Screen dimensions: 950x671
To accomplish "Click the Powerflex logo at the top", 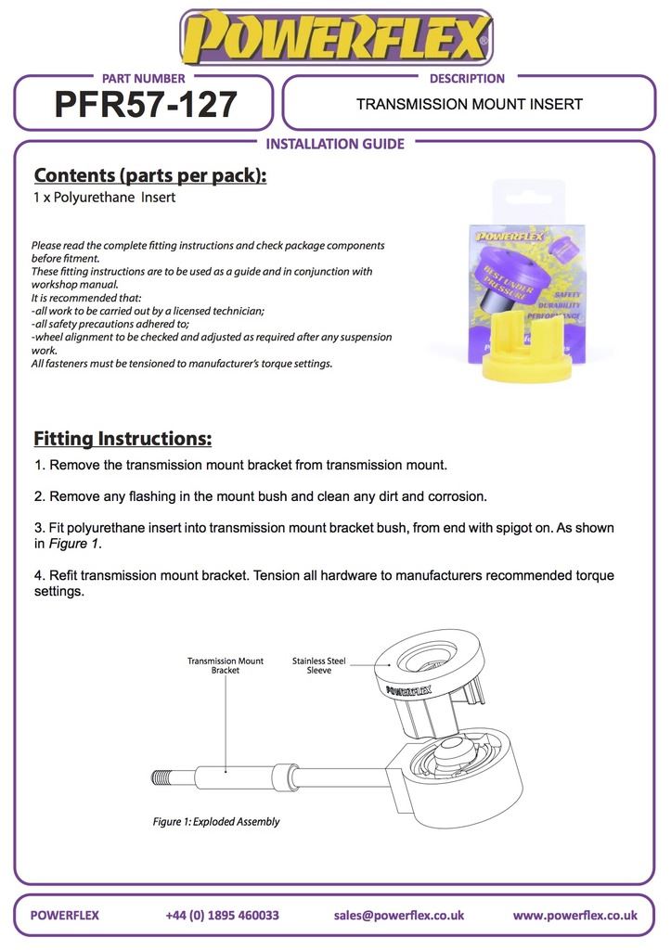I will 335,37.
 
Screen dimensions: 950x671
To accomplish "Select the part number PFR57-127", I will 146,105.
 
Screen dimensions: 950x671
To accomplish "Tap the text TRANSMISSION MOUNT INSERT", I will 469,104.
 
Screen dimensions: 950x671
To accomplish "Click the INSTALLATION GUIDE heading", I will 335,144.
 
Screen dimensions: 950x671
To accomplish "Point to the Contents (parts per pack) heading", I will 149,175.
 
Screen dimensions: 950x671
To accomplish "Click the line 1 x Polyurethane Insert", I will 104,198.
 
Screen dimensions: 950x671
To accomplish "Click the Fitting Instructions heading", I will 123,438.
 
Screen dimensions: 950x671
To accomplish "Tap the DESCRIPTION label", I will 467,79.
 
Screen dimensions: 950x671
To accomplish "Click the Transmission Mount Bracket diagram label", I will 225,665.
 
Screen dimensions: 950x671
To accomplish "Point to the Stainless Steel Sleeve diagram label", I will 318,665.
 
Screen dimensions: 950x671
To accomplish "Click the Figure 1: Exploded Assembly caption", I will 216,821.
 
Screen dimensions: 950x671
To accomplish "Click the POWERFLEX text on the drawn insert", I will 407,689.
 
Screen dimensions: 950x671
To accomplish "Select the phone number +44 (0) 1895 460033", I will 222,915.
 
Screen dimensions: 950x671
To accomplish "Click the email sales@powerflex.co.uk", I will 398,915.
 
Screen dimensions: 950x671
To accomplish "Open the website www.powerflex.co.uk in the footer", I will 574,915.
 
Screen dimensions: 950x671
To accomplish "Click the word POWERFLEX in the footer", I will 65,915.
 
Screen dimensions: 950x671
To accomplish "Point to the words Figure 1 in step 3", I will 74,545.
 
